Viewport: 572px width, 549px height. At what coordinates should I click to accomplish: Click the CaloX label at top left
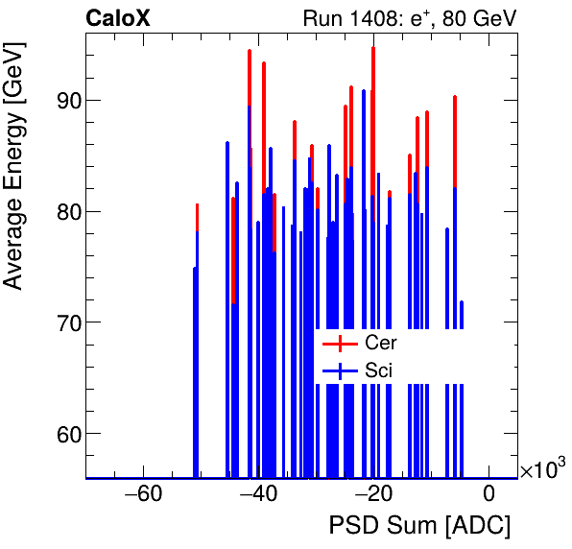tap(117, 18)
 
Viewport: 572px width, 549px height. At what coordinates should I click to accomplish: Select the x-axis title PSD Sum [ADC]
tap(419, 525)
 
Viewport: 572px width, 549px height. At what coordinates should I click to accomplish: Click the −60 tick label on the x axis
tap(143, 495)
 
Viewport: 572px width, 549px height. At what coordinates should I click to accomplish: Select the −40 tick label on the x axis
tap(258, 495)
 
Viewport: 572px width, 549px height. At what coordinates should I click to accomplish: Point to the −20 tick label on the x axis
tap(373, 495)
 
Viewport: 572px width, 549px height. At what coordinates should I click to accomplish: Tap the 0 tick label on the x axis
tap(489, 495)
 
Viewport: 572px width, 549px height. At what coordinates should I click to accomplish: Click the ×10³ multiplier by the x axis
tap(542, 469)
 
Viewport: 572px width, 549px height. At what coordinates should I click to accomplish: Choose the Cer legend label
tap(380, 343)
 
